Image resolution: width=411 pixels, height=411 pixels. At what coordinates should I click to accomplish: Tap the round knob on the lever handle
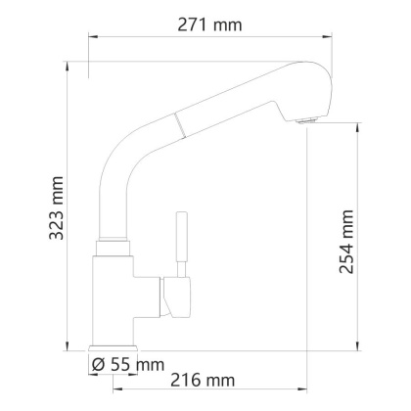point(180,214)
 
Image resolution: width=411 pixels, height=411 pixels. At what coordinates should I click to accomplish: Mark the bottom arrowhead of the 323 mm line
point(68,344)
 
